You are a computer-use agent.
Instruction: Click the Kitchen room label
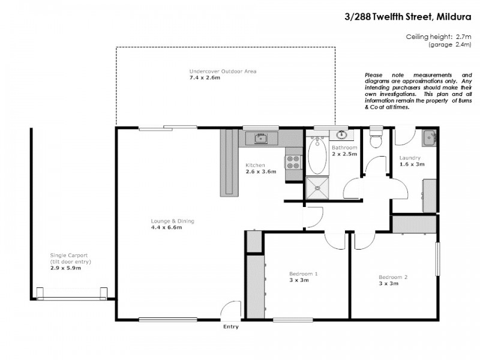tap(256, 165)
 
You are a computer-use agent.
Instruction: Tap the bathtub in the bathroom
tap(317, 155)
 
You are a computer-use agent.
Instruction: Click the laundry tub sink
tap(430, 137)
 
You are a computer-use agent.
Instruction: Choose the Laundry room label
tap(412, 158)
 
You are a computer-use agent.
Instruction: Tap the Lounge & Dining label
tap(172, 221)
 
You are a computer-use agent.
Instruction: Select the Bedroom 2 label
tap(393, 277)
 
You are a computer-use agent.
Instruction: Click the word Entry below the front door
tap(230, 327)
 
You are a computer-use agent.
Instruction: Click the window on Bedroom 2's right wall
tap(437, 259)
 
